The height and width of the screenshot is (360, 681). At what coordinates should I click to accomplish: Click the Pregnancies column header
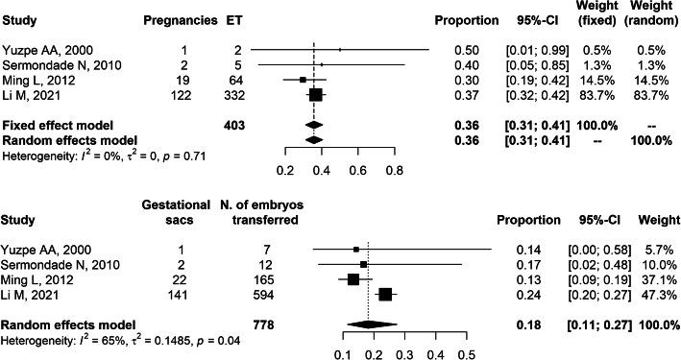176,20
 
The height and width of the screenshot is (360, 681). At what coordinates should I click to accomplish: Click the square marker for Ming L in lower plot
353,278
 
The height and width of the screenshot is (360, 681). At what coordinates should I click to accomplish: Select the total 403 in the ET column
234,125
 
